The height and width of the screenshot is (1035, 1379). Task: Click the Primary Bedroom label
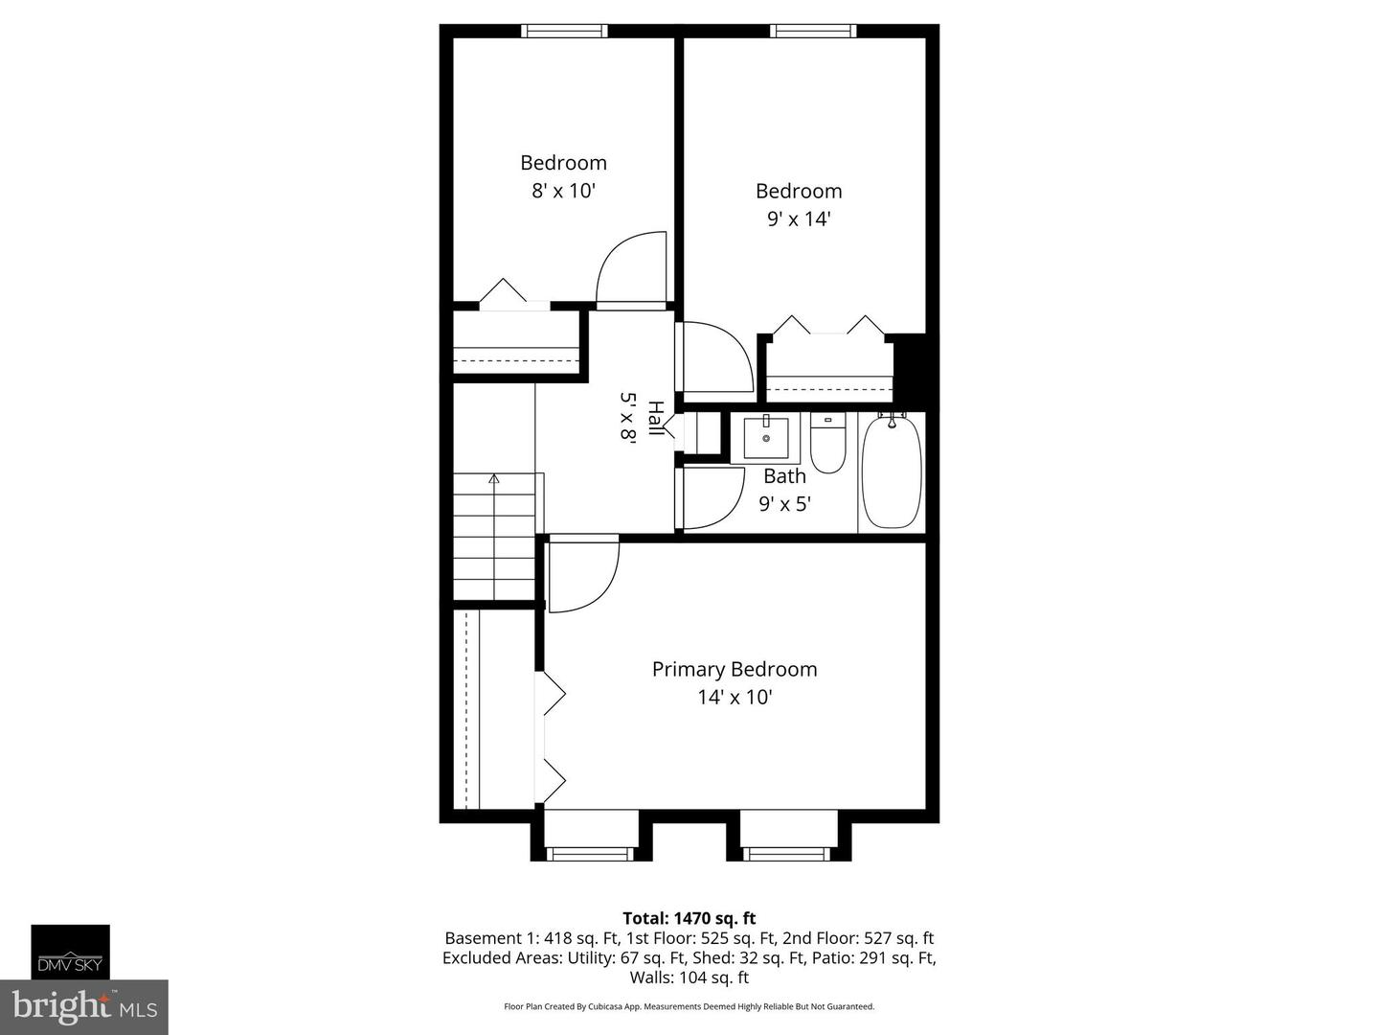click(x=735, y=669)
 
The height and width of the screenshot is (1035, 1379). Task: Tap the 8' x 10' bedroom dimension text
click(x=563, y=191)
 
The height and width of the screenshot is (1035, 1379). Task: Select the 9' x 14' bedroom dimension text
click(x=798, y=218)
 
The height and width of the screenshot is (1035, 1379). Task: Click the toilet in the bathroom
click(x=827, y=442)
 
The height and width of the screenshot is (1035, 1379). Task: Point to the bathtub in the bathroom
click(x=891, y=471)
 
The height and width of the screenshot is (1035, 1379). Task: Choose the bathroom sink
click(x=766, y=438)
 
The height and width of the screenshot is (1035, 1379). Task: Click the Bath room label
click(x=784, y=475)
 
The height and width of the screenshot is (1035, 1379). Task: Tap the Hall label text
click(x=655, y=419)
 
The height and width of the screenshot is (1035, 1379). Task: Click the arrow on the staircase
click(x=494, y=478)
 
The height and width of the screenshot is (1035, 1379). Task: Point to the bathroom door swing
click(x=711, y=497)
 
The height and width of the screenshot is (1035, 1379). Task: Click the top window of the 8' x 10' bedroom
click(x=564, y=31)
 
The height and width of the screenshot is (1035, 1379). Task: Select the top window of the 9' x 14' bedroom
click(x=813, y=31)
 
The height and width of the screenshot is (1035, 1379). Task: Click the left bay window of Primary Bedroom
click(x=588, y=853)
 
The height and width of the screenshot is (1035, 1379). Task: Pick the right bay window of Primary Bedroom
click(x=787, y=853)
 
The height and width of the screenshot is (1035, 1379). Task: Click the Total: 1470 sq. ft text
click(x=689, y=918)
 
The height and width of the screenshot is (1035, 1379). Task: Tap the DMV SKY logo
click(x=70, y=952)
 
